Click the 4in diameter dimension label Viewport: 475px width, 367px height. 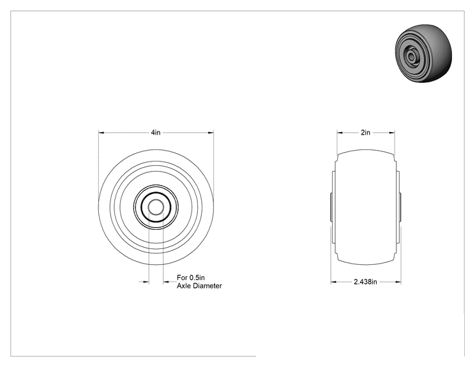pyautogui.click(x=156, y=132)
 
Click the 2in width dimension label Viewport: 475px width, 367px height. pyautogui.click(x=365, y=132)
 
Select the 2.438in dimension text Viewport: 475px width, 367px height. pyautogui.click(x=365, y=282)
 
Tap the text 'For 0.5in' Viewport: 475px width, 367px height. pyautogui.click(x=191, y=278)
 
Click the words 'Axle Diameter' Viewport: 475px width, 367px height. pyautogui.click(x=199, y=286)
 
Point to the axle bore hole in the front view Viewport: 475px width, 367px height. pyautogui.click(x=156, y=207)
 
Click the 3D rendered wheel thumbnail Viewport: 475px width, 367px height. pyautogui.click(x=423, y=54)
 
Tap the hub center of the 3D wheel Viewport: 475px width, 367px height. pyautogui.click(x=411, y=56)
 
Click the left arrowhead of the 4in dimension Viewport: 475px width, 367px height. pyautogui.click(x=101, y=133)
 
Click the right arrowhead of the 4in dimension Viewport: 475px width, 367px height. pyautogui.click(x=211, y=133)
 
